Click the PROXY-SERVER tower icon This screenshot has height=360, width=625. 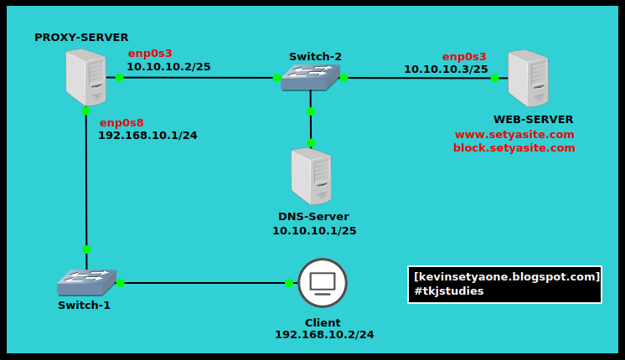tap(85, 76)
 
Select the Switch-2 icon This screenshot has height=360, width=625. tap(310, 78)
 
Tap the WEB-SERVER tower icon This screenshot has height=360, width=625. tap(528, 78)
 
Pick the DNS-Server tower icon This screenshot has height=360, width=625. tap(311, 176)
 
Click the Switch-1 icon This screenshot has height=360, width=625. tap(86, 282)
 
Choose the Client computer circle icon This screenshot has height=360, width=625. tap(323, 282)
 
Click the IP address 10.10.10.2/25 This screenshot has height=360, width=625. tap(168, 66)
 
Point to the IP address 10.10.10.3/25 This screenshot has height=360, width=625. tap(446, 69)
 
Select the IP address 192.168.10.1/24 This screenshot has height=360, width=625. tap(147, 135)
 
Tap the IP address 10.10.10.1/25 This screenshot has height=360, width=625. tap(314, 230)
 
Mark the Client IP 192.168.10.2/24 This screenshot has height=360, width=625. tap(324, 335)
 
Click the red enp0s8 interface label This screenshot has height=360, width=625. tap(121, 122)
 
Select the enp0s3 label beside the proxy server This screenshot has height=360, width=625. tap(150, 54)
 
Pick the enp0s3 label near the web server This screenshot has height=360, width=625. tap(464, 57)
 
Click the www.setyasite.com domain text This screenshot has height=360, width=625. tap(514, 134)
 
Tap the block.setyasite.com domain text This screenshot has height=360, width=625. tap(514, 148)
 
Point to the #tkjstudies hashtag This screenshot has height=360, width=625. tap(448, 291)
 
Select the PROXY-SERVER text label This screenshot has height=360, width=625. tap(81, 38)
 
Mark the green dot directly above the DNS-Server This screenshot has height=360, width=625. tap(311, 142)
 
